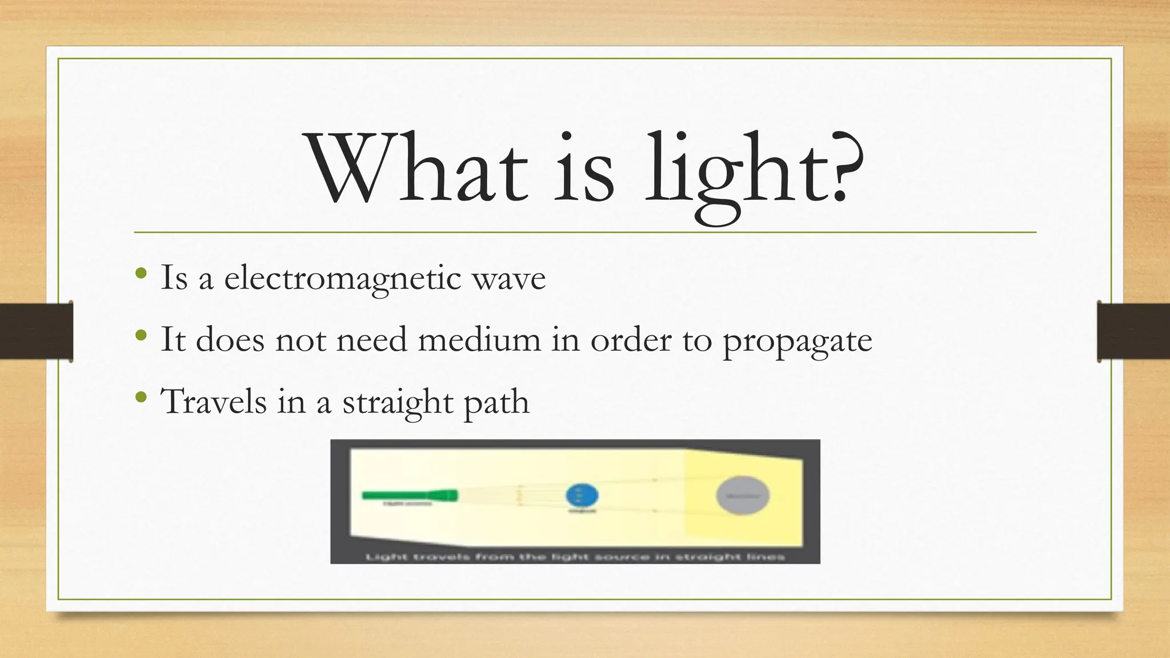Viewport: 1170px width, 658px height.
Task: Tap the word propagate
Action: [797, 341]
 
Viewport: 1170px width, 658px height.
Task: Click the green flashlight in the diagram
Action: [410, 495]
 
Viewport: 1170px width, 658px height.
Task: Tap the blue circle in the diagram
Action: [582, 495]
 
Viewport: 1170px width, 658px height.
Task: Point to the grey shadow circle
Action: [743, 496]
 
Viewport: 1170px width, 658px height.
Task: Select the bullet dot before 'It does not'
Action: [141, 335]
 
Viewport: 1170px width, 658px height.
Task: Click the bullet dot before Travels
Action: [141, 396]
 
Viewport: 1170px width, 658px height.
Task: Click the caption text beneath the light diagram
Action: [575, 556]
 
